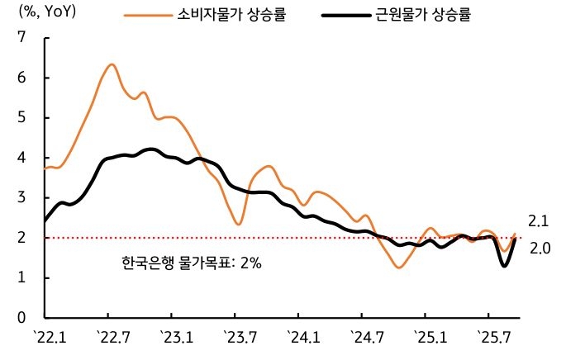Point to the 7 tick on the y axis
22,38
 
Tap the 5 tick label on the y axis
22,117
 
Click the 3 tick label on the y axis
22,197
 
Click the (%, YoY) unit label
49,14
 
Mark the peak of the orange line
112,64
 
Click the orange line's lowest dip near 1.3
399,268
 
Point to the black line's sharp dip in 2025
503,265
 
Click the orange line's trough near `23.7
238,225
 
